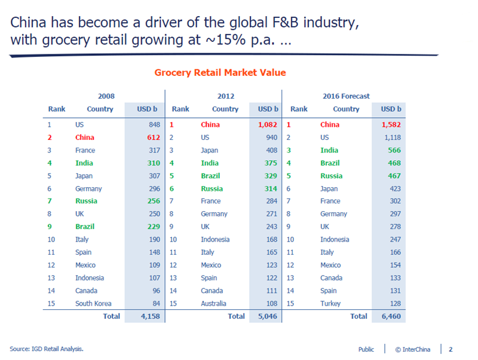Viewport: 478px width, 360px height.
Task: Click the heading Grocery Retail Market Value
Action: [220, 73]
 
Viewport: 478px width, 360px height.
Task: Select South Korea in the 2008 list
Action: [93, 303]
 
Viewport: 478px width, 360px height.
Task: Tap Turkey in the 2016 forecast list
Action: [330, 303]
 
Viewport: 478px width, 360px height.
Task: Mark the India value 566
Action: [393, 150]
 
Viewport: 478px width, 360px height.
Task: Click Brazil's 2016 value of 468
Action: [393, 163]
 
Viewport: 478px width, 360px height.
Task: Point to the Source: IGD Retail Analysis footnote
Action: [47, 349]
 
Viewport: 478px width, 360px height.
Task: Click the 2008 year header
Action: [106, 96]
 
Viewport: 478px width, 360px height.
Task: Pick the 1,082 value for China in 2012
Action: [268, 125]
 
